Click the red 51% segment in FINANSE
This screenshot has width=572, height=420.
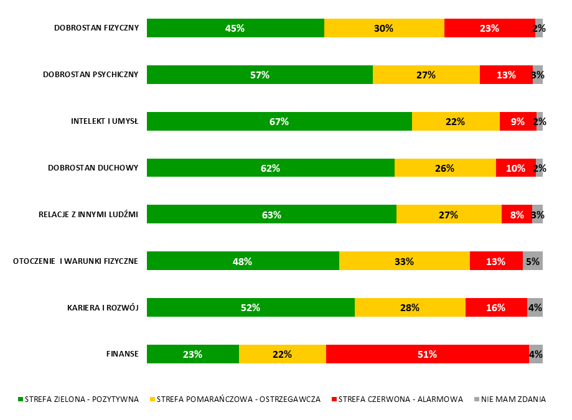(x=427, y=354)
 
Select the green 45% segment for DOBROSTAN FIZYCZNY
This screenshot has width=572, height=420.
(x=235, y=28)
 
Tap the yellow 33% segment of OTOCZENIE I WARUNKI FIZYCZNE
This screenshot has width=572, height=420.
(x=404, y=261)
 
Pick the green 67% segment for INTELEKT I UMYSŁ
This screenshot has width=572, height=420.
(x=279, y=121)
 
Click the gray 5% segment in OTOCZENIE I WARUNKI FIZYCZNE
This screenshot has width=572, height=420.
(x=532, y=261)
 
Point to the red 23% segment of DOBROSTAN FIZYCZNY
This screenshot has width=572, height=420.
(x=489, y=28)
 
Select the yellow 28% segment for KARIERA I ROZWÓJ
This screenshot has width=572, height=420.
(x=410, y=307)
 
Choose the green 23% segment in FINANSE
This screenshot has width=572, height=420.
(x=192, y=354)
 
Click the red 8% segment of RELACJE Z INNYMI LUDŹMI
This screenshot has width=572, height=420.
(x=517, y=215)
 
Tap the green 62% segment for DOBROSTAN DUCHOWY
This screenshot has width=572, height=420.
(x=270, y=168)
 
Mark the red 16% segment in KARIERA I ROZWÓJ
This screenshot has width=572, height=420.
(x=496, y=307)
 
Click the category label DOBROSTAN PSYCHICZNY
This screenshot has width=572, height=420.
(x=90, y=75)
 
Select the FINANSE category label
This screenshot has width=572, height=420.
(x=122, y=355)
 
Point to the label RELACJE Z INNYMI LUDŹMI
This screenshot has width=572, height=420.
(x=88, y=215)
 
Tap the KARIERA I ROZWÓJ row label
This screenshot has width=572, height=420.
(x=102, y=308)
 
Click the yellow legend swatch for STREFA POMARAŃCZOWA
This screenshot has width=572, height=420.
(x=152, y=399)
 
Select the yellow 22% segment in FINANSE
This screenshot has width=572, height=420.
(x=282, y=354)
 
